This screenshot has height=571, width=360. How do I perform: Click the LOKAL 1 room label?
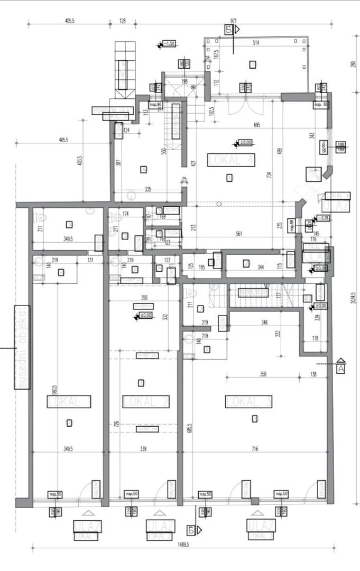[69, 402]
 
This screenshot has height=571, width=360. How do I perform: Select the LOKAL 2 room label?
[146, 401]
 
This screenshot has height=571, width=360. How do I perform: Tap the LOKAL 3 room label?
[249, 401]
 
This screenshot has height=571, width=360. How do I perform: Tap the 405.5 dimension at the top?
[70, 21]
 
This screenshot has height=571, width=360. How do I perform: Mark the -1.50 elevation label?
[170, 44]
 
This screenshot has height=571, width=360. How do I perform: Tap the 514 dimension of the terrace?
[257, 42]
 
